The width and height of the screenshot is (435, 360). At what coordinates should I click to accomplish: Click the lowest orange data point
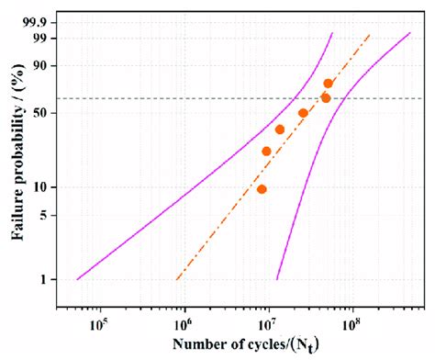pos(262,189)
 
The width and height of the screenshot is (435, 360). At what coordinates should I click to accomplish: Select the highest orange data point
pos(329,84)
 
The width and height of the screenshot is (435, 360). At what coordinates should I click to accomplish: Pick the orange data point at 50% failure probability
pos(303,113)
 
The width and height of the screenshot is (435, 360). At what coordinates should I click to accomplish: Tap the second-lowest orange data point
pos(266,152)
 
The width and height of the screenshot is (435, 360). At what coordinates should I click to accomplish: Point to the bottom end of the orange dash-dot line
pos(176,279)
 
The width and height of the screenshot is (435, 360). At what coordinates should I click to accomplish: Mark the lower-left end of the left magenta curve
pos(77,279)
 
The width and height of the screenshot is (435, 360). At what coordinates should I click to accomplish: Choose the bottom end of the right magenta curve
pos(277,279)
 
